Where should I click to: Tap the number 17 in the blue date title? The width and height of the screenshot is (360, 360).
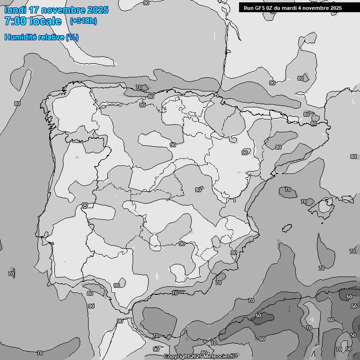click(34, 10)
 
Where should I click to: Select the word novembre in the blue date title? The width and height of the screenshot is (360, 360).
click(63, 10)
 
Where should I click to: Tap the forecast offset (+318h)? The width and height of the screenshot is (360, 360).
click(83, 21)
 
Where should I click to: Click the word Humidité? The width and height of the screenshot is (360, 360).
click(19, 37)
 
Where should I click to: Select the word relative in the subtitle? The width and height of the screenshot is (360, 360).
click(49, 37)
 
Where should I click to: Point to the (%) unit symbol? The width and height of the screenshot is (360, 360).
click(72, 37)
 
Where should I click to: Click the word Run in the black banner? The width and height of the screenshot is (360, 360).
click(248, 8)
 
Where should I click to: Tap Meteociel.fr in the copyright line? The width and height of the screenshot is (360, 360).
click(220, 357)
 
